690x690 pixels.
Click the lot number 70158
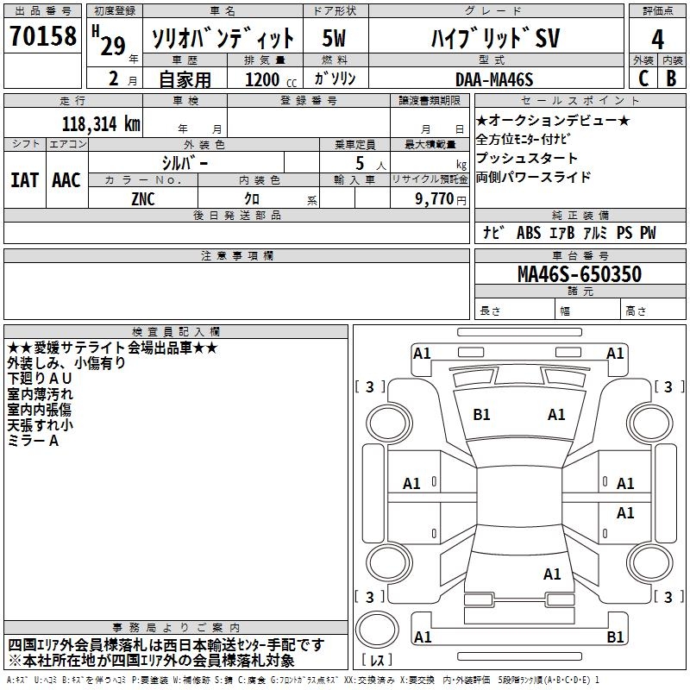(x=43, y=36)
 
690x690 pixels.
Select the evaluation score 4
(x=657, y=40)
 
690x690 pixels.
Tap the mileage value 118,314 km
(x=101, y=124)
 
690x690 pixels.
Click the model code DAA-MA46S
(x=494, y=79)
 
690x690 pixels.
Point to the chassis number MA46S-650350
(x=580, y=274)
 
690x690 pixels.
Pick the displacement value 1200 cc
(x=271, y=79)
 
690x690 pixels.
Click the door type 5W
(x=334, y=38)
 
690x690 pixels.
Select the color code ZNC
(x=143, y=199)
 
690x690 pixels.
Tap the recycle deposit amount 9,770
(x=435, y=199)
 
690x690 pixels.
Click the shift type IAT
(x=25, y=180)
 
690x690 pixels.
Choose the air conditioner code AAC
(x=66, y=180)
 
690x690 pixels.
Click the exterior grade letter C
(x=643, y=78)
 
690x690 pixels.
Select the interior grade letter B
(x=671, y=78)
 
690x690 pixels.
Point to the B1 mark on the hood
(x=481, y=415)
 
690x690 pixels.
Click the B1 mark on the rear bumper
(x=615, y=637)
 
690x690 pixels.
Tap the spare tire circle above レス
(x=377, y=630)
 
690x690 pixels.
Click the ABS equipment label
(x=529, y=233)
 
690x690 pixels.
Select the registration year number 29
(x=113, y=46)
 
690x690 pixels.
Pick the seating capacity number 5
(x=360, y=163)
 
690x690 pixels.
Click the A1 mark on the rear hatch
(x=552, y=574)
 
